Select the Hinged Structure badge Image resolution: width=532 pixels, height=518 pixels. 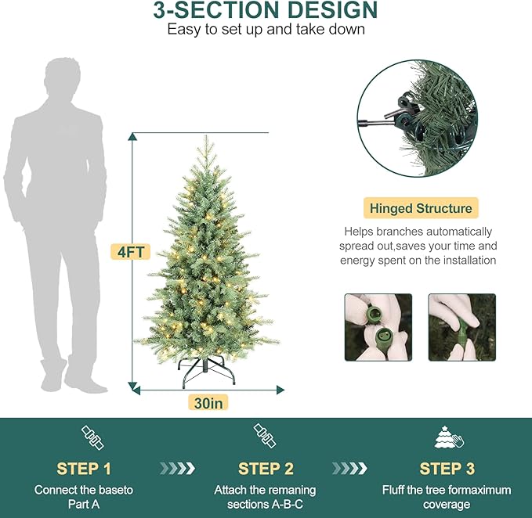tap(421, 208)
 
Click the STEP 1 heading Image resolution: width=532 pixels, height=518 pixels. tap(83, 469)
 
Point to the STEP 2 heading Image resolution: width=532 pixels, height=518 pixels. tap(265, 469)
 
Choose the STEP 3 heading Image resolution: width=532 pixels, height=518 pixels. tap(447, 469)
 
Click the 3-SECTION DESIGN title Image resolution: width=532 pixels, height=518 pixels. tap(266, 11)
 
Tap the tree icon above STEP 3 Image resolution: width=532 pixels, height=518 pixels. tap(447, 437)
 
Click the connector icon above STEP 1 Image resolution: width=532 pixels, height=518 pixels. tap(92, 437)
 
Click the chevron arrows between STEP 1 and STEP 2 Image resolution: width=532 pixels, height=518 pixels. tap(177, 469)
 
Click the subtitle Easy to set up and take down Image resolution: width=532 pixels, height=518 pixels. tap(266, 30)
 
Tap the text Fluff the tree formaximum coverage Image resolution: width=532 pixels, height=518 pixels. tap(447, 497)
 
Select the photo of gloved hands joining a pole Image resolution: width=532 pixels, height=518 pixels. tap(461, 327)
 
